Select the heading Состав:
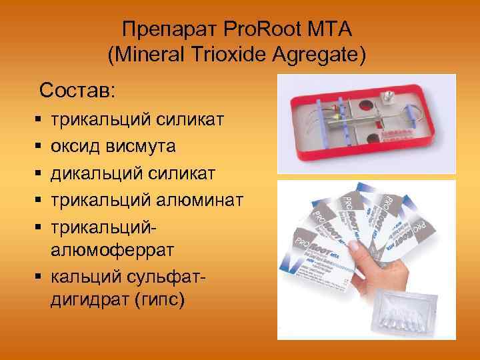point(77,89)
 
